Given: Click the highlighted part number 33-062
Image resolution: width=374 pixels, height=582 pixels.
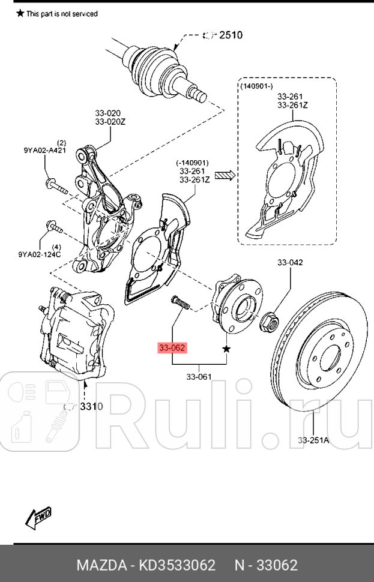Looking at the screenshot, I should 172,347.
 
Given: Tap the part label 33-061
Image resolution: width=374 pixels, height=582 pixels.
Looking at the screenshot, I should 199,377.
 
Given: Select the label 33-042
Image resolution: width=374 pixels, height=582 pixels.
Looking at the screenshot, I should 290,263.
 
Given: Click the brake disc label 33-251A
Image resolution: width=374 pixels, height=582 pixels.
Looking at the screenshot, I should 313,440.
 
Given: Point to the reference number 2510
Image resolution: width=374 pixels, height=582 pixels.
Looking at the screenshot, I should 230,35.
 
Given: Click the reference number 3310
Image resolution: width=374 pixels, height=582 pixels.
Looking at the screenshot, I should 91,406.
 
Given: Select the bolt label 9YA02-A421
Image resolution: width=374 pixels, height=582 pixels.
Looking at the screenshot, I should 41,151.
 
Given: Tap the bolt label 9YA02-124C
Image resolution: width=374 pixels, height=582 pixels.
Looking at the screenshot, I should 40,254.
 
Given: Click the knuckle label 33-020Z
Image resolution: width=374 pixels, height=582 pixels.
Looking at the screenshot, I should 108,122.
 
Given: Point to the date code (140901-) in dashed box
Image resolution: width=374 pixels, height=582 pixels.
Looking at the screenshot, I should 256,86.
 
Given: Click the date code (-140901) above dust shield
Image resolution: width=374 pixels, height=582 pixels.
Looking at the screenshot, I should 192,163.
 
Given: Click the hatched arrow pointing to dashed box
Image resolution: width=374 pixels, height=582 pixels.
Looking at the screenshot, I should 225,175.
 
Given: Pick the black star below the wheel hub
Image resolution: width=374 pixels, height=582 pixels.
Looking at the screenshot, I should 226,349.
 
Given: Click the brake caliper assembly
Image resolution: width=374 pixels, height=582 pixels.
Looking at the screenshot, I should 75,334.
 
